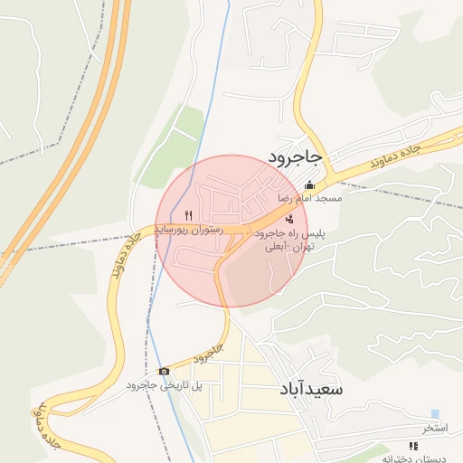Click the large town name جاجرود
295,158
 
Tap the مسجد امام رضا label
310,197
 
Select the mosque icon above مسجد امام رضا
310,185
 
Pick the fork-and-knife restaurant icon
188,215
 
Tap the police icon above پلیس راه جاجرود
289,219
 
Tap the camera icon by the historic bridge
164,371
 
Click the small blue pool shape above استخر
435,414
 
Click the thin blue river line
205,136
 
